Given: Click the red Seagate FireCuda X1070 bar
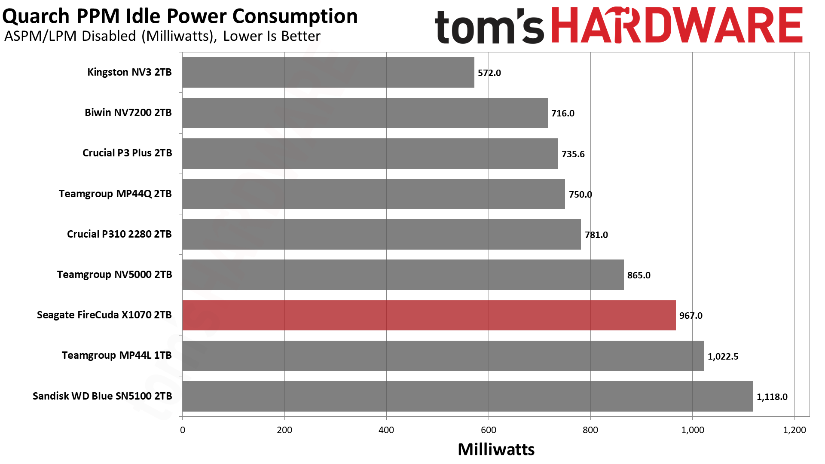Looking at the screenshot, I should tap(429, 315).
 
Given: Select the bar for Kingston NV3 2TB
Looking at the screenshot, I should tap(328, 73).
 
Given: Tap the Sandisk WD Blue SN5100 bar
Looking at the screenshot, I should tap(467, 396).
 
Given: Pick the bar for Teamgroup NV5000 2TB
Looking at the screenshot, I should tap(403, 275).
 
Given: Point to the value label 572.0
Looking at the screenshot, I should tap(489, 73).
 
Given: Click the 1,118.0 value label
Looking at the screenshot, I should tap(772, 397).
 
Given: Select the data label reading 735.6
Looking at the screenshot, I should tap(573, 154).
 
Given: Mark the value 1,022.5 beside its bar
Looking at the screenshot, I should tap(723, 357).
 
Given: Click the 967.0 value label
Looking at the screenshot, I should tap(691, 316).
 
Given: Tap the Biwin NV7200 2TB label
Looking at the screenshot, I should tap(128, 113).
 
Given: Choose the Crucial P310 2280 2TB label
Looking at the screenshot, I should tap(119, 234).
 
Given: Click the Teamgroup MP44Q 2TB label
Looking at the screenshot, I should tap(115, 194).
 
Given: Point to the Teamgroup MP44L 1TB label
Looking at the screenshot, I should tap(116, 355).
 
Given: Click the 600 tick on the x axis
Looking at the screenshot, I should tap(488, 430).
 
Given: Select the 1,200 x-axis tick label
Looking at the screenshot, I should tap(794, 430).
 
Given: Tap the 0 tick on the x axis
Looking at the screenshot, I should tap(183, 430).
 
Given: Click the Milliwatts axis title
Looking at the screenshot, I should tap(496, 449).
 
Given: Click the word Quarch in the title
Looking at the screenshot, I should tap(36, 16).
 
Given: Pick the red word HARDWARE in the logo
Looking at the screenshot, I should tap(676, 26).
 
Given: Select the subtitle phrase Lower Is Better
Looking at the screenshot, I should tap(272, 36).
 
